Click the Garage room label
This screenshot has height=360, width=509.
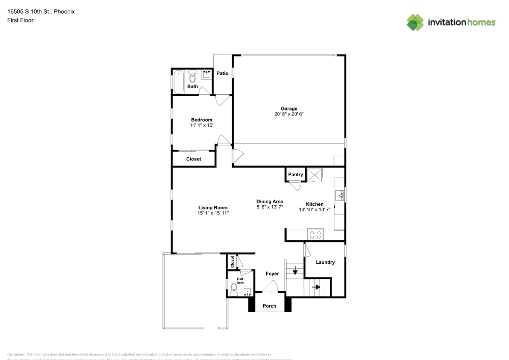(x=289, y=108)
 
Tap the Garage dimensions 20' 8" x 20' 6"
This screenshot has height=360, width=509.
(x=289, y=114)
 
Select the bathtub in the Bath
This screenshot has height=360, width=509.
(x=179, y=81)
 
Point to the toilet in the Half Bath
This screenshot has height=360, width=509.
(x=234, y=290)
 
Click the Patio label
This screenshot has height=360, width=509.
(x=222, y=73)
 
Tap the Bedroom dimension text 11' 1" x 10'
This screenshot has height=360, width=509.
(x=202, y=125)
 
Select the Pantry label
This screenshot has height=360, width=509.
(x=296, y=175)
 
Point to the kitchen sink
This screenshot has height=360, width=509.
(x=340, y=194)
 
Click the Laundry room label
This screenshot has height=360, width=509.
(x=325, y=262)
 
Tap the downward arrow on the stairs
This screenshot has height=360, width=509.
(x=295, y=270)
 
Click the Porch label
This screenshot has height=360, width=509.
(x=269, y=306)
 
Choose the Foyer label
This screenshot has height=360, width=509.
(x=272, y=273)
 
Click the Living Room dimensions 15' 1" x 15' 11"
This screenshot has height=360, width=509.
(x=213, y=213)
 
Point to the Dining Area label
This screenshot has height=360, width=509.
(x=270, y=202)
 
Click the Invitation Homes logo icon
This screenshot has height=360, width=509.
(x=415, y=22)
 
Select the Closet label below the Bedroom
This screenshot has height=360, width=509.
(x=193, y=159)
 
